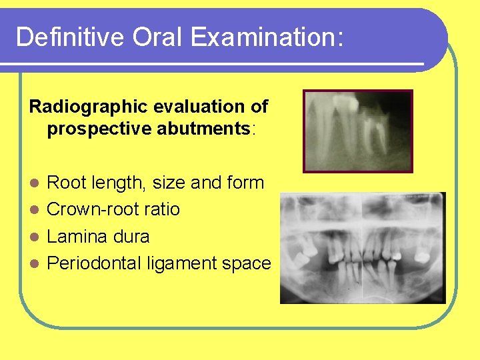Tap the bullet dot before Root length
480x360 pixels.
pyautogui.click(x=38, y=183)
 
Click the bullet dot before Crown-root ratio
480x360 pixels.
pyautogui.click(x=38, y=210)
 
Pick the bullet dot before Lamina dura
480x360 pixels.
pyautogui.click(x=38, y=237)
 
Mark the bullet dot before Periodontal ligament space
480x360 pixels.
pyautogui.click(x=38, y=264)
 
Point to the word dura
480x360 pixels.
pyautogui.click(x=131, y=237)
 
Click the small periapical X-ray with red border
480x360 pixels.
pyautogui.click(x=358, y=131)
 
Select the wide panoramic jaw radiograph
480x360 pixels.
pyautogui.click(x=363, y=248)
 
